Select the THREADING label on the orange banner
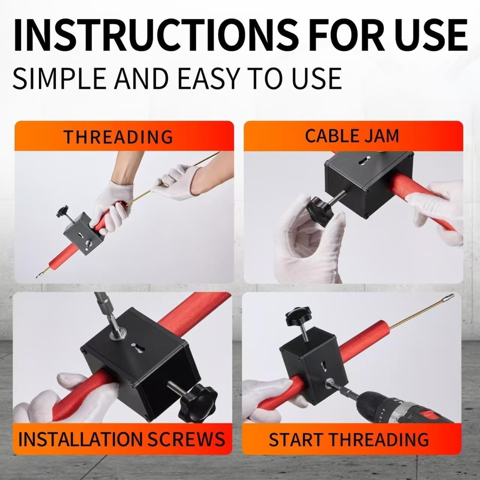(x=118, y=137)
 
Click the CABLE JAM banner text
(x=352, y=136)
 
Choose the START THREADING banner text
(x=349, y=439)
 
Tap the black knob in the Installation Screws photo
(x=197, y=403)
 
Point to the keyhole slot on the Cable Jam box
(x=364, y=161)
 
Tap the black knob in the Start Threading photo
(x=299, y=317)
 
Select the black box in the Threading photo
(x=83, y=233)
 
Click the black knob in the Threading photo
(x=62, y=211)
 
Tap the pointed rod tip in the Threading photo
(x=39, y=276)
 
